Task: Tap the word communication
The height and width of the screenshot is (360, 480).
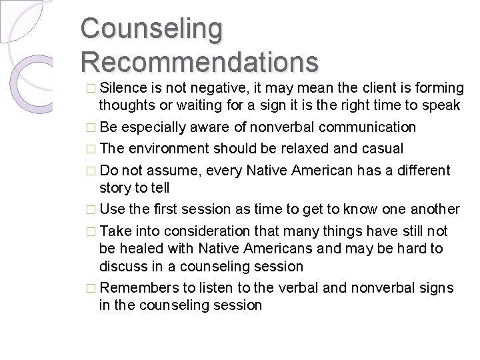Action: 361,127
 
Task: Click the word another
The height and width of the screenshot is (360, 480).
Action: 431,209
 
